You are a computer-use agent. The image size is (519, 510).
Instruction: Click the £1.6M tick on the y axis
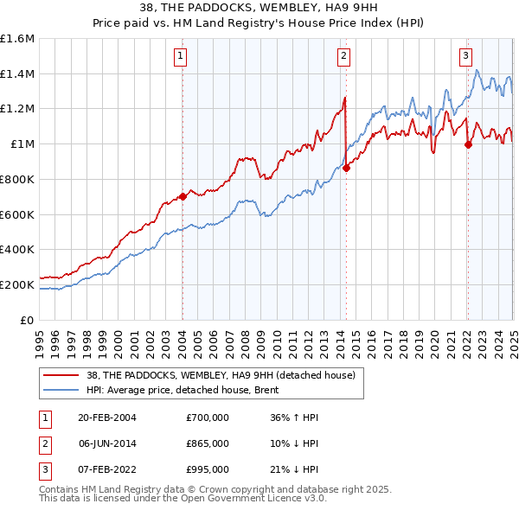click(17, 39)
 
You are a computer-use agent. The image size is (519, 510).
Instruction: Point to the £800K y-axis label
click(16, 180)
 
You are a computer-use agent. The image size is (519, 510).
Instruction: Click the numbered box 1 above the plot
click(181, 57)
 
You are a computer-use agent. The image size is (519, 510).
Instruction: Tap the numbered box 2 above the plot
click(343, 57)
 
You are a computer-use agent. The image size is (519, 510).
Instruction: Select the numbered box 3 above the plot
click(465, 57)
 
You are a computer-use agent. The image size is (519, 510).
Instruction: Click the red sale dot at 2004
click(183, 196)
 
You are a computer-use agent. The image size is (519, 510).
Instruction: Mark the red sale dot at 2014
click(346, 168)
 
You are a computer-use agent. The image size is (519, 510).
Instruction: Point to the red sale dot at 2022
click(468, 145)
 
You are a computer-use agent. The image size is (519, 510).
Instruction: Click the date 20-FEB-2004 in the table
click(107, 418)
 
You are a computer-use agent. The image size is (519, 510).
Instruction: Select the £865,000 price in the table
click(208, 443)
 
